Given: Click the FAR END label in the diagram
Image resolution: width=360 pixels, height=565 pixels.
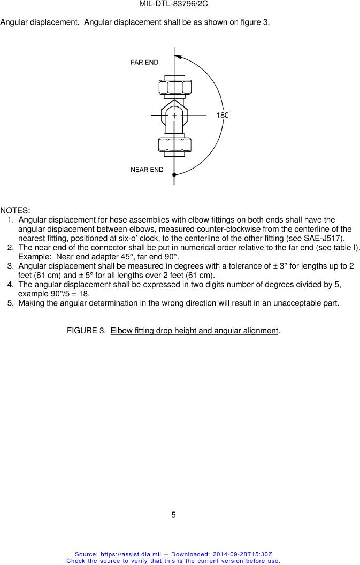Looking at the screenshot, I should pos(144,63).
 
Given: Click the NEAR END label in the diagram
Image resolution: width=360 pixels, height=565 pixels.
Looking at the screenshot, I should pos(147,170).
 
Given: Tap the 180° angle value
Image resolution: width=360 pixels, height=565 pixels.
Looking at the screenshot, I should pos(223,115).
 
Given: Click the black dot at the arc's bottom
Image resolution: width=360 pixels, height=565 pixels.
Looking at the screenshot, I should pos(174,174).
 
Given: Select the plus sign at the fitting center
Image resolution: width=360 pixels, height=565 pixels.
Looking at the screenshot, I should pos(174,115).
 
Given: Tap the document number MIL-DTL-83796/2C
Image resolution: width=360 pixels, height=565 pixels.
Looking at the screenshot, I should pos(173,4).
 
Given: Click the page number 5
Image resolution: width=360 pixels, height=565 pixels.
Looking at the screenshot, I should pos(173,515).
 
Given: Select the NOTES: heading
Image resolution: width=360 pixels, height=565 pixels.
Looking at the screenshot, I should pos(15,210).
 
